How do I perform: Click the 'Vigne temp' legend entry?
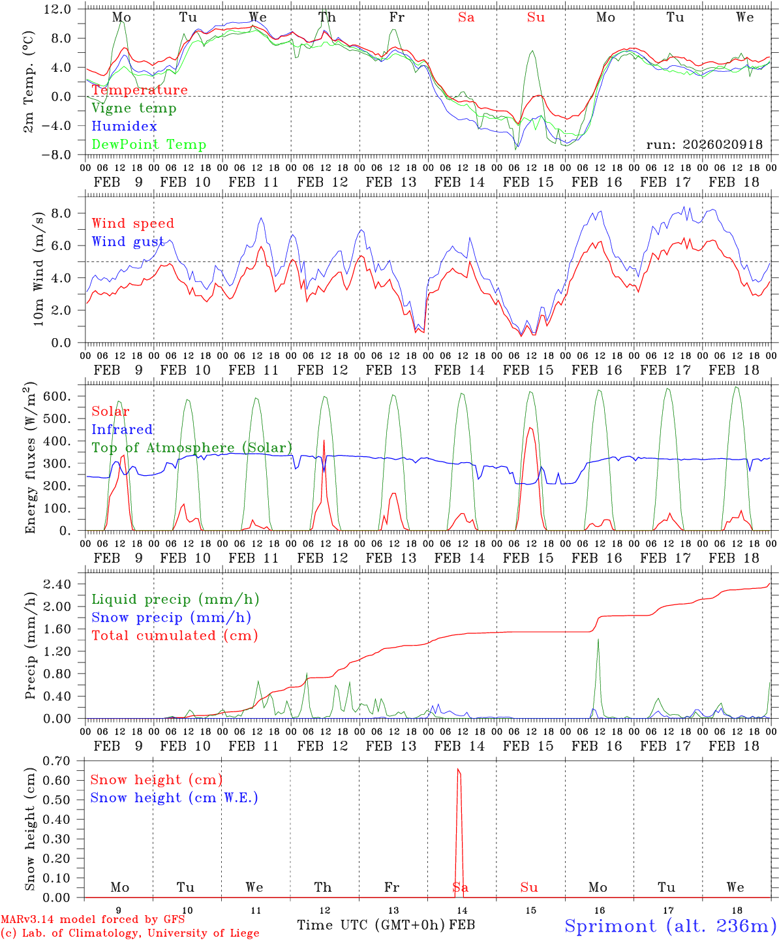(x=134, y=108)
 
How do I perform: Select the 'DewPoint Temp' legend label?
(x=149, y=145)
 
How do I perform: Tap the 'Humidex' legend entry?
(x=124, y=127)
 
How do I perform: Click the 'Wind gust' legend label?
(x=128, y=242)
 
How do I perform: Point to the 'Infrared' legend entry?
(x=122, y=430)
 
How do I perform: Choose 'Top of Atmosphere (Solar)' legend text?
(x=191, y=448)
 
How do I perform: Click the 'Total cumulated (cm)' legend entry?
(x=174, y=636)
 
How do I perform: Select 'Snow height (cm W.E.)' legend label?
(x=174, y=798)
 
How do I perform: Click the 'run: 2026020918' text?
(x=704, y=145)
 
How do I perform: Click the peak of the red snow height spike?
(x=458, y=770)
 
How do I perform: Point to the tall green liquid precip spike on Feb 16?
(x=598, y=640)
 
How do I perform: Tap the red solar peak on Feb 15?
(x=530, y=428)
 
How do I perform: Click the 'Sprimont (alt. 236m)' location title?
(x=670, y=926)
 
